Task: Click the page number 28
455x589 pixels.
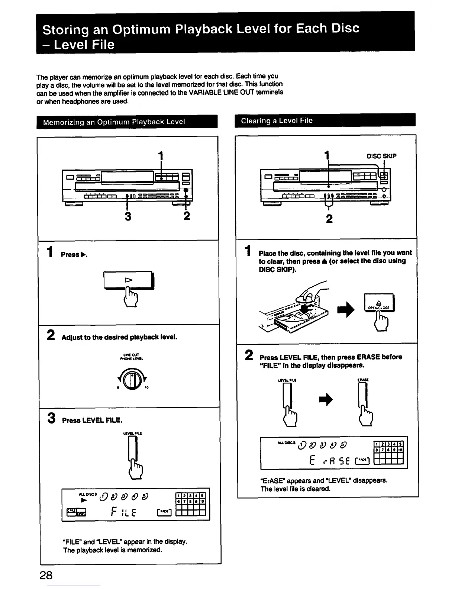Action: click(x=46, y=575)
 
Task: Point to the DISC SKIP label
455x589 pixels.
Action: click(x=381, y=156)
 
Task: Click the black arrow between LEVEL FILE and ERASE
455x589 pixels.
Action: click(x=326, y=400)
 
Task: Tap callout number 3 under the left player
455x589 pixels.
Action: click(x=128, y=216)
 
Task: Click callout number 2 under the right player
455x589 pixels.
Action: click(x=329, y=219)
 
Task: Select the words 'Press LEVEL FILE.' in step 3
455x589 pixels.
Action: click(x=92, y=420)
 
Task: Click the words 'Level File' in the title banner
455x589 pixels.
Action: click(x=84, y=45)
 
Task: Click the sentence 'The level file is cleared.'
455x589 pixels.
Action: click(x=296, y=489)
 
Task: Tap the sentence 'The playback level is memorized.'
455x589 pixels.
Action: click(x=113, y=550)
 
